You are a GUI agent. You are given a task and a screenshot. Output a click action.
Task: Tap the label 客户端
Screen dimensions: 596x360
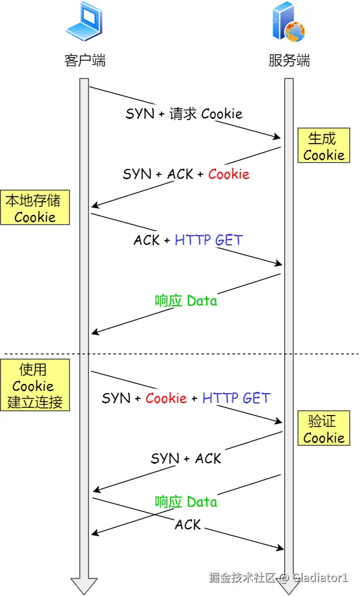point(85,60)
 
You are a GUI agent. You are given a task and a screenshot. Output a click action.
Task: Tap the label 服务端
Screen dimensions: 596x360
point(289,60)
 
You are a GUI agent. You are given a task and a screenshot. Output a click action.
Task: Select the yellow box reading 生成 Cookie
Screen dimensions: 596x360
point(323,146)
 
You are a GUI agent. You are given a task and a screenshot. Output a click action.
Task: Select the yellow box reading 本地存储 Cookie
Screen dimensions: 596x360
point(35,208)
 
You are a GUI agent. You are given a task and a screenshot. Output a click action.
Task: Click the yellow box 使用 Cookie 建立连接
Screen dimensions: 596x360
point(35,385)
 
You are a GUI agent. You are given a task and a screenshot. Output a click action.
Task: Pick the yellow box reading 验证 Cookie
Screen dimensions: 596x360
point(323,429)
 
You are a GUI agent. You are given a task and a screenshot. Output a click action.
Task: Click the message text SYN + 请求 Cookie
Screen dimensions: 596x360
point(184,114)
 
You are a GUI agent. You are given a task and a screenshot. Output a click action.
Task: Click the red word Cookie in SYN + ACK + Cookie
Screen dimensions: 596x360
point(228,174)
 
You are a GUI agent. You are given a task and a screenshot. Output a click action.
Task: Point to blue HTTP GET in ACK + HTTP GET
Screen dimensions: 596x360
point(209,240)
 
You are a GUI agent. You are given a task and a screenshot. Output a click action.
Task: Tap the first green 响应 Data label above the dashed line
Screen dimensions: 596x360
point(186,301)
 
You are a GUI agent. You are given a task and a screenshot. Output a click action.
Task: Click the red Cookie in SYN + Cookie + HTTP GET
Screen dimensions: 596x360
point(166,398)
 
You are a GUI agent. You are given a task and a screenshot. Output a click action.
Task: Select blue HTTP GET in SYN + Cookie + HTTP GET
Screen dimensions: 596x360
point(236,398)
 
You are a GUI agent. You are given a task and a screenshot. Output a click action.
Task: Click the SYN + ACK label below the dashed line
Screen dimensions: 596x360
point(186,458)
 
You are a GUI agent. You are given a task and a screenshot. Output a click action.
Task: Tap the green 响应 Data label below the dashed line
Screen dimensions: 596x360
point(186,502)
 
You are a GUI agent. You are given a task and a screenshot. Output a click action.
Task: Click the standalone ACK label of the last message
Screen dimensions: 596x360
point(188,524)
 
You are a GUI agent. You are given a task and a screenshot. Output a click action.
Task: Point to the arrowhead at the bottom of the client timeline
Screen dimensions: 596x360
point(84,585)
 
